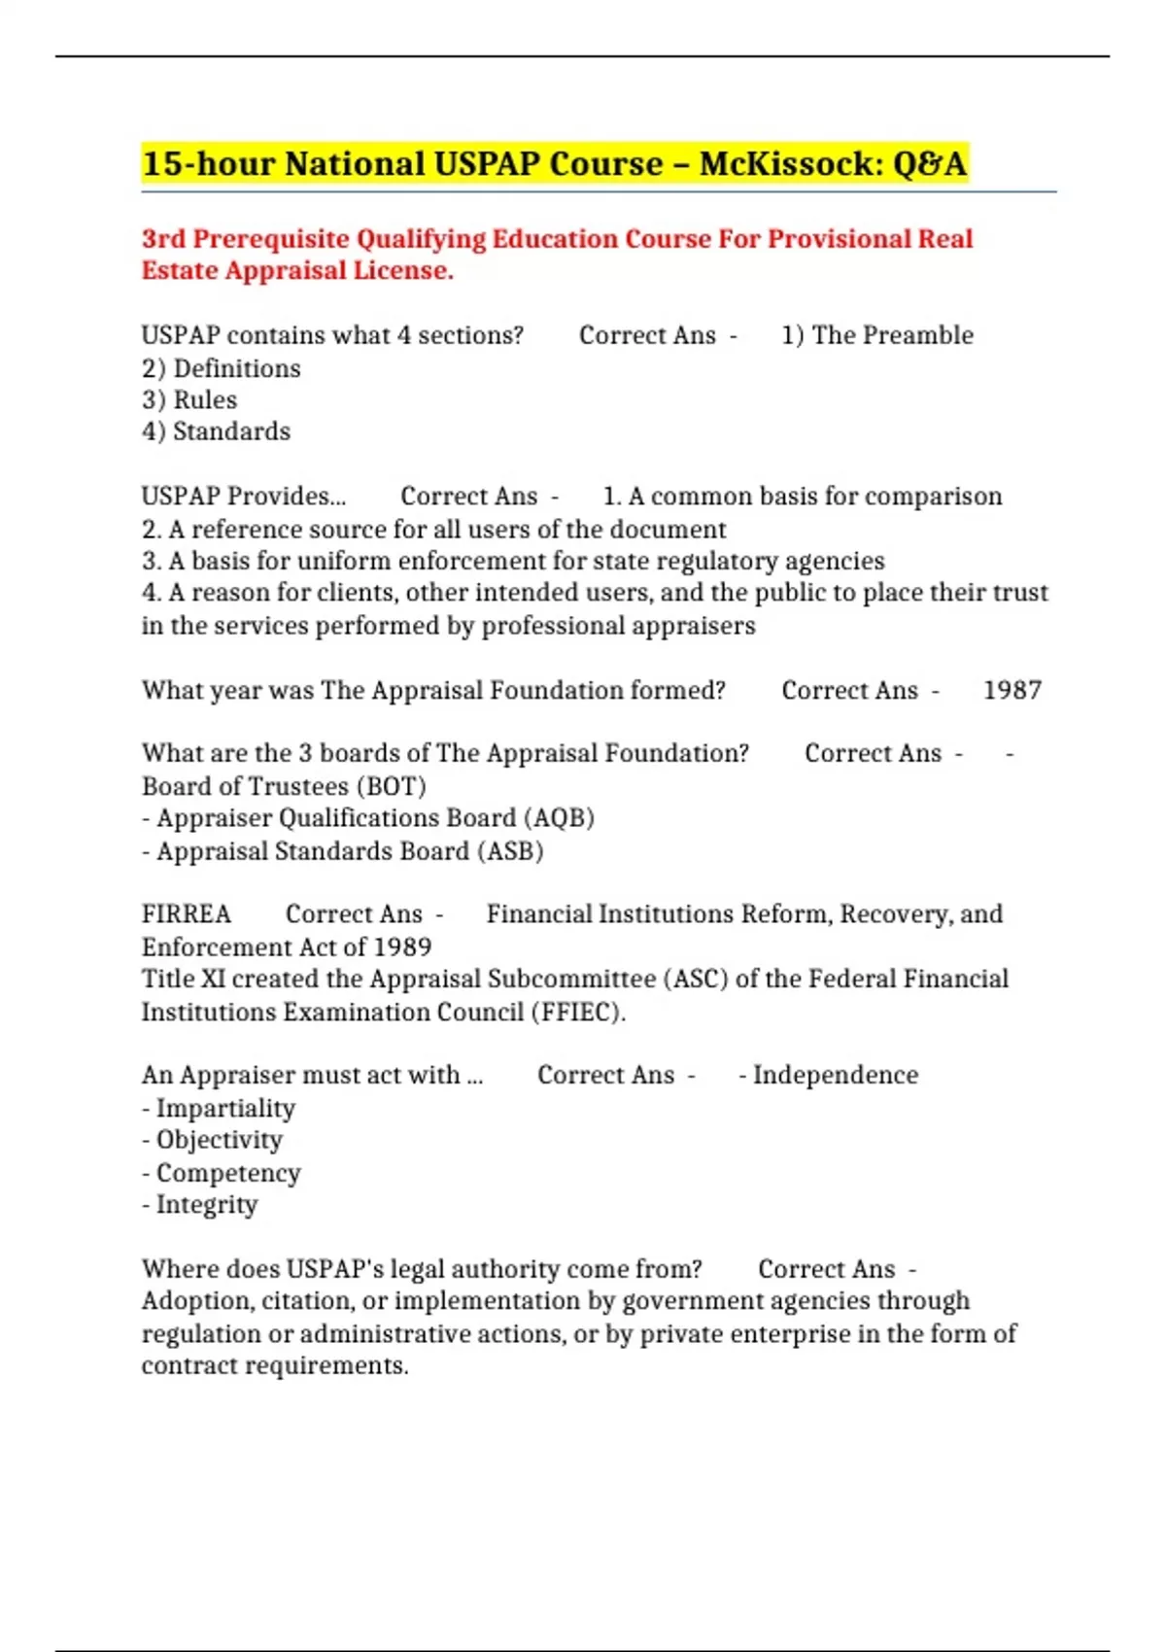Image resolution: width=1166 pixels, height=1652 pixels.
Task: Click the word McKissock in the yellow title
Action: tap(788, 164)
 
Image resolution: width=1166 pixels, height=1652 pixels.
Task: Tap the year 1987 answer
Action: tap(1012, 691)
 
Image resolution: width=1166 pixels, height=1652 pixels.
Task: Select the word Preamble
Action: tap(919, 335)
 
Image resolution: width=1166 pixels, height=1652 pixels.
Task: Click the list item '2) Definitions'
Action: tap(222, 369)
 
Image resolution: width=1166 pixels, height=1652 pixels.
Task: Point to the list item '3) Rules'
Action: tap(189, 400)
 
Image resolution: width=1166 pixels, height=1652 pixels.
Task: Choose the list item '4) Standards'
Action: tap(216, 431)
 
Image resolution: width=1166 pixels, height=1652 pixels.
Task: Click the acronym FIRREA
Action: tap(187, 914)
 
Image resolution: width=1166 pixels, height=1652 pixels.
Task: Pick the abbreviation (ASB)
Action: tap(509, 851)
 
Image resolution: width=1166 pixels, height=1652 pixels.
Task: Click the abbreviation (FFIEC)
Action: tap(576, 1013)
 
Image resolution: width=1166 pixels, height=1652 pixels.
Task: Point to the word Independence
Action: tap(835, 1076)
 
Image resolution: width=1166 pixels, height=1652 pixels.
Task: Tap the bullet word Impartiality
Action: tap(225, 1109)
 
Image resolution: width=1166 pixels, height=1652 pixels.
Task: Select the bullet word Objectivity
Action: tap(220, 1140)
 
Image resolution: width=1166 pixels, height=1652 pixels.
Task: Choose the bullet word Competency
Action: tap(228, 1174)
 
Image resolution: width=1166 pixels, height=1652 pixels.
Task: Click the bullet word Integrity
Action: tap(207, 1205)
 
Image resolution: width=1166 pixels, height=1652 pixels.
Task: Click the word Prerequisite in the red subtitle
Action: tap(271, 239)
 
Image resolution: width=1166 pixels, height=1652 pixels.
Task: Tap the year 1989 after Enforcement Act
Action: tap(402, 947)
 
